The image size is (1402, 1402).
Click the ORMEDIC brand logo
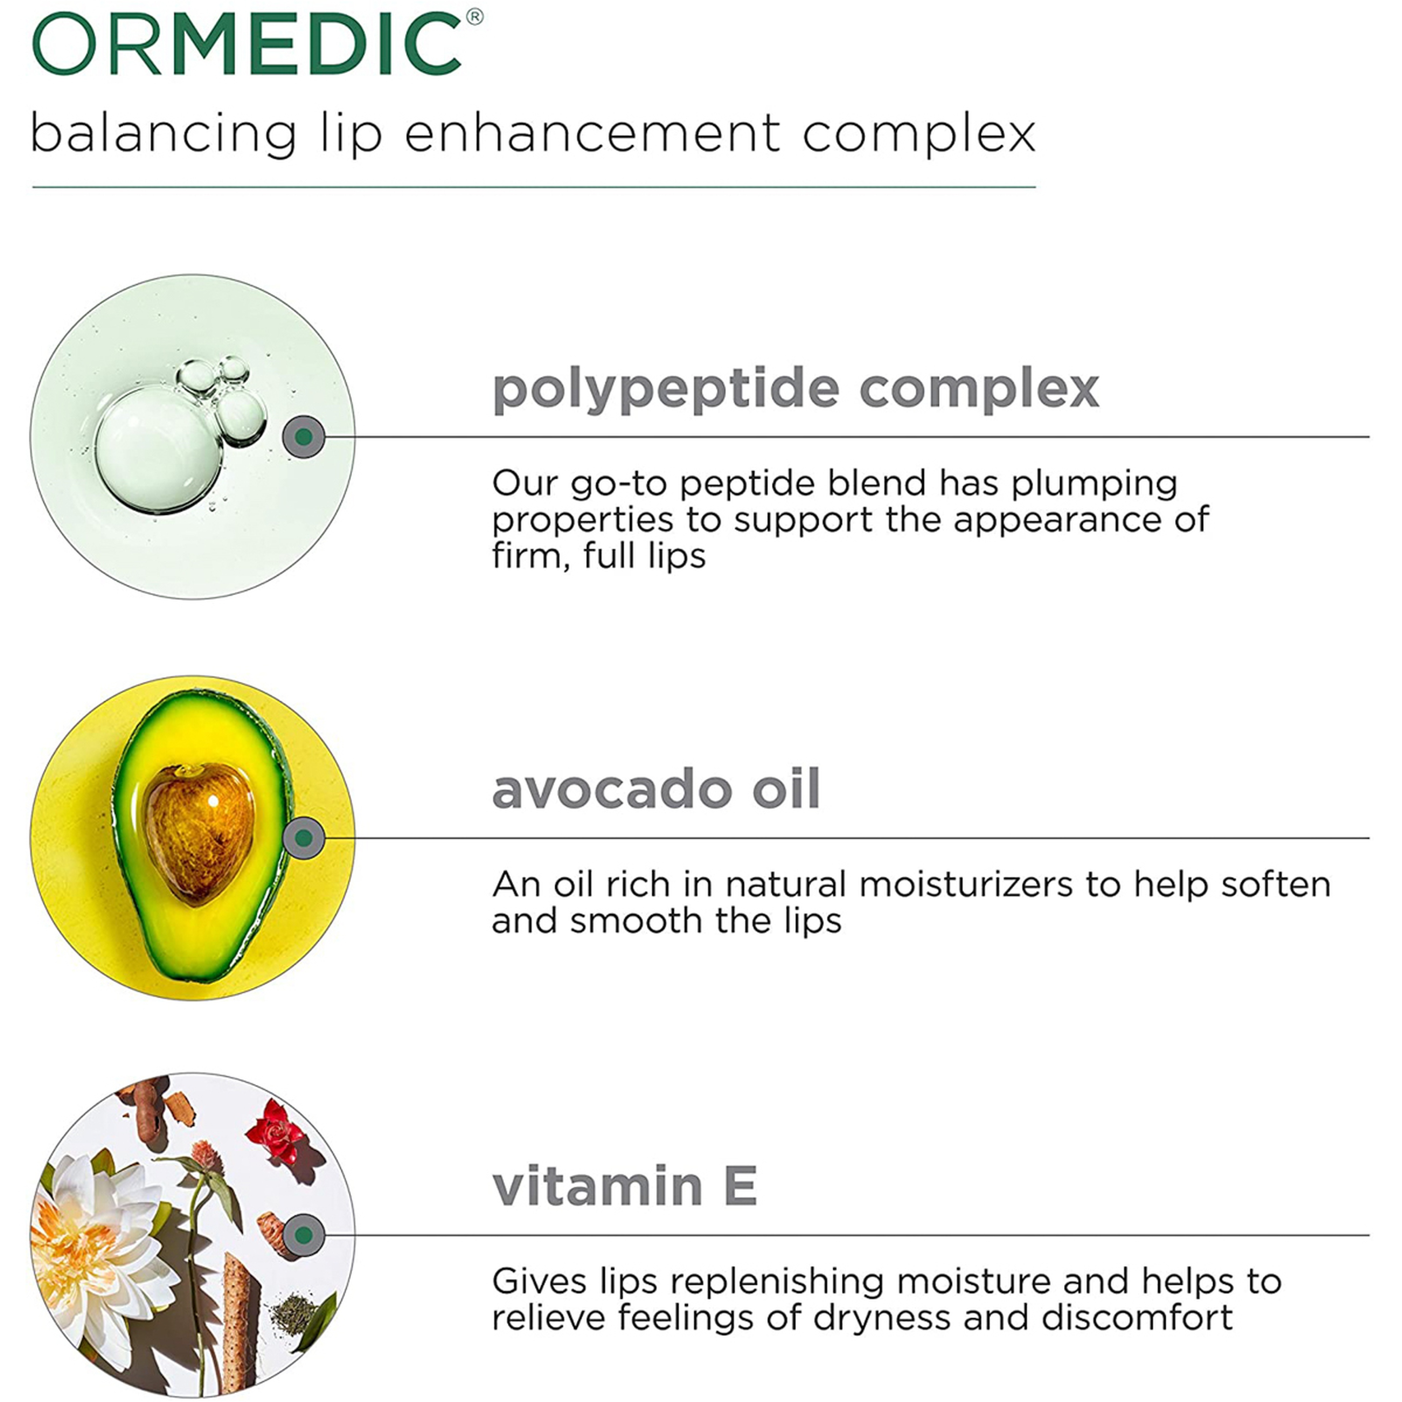(247, 43)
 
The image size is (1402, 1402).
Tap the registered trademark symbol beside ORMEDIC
(475, 17)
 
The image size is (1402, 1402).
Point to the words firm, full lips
(599, 556)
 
